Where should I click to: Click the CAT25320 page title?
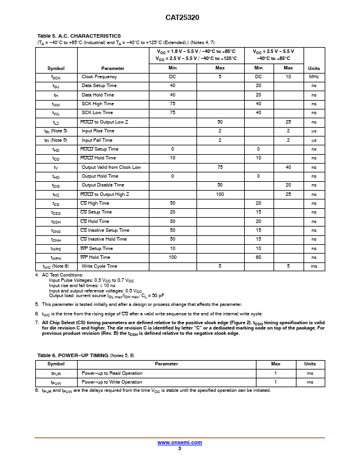179,18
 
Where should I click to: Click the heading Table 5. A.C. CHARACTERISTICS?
79,36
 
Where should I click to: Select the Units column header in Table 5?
314,68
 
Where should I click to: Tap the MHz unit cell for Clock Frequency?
314,77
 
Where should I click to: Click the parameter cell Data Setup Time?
99,86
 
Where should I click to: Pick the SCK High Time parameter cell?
98,104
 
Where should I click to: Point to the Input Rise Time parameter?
98,131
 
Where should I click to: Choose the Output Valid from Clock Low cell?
111,167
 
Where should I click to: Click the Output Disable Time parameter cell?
103,185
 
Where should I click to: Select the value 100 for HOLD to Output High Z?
220,194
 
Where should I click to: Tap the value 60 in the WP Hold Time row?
258,257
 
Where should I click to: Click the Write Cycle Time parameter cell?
99,267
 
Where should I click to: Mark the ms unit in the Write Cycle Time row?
314,267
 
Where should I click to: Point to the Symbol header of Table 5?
56,68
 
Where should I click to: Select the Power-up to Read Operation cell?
112,373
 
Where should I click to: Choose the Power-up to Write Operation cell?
112,382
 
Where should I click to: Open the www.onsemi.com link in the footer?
179,442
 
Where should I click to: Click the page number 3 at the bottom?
179,448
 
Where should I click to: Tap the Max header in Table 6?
275,364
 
